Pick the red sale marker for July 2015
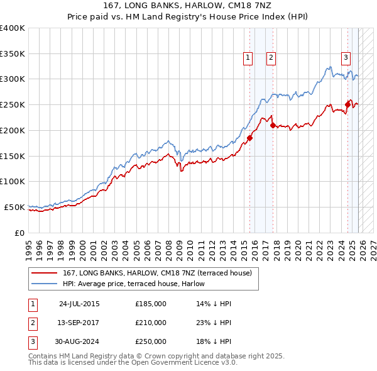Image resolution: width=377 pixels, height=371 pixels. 249,138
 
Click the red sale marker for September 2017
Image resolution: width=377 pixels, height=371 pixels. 273,125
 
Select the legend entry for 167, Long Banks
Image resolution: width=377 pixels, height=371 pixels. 157,273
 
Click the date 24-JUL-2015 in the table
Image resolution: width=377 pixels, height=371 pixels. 79,304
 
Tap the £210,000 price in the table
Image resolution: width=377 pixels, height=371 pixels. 151,323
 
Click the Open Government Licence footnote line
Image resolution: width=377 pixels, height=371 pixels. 133,363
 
